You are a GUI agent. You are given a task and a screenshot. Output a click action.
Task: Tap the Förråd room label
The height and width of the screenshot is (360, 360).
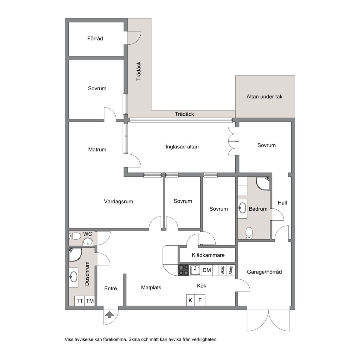pos(95,39)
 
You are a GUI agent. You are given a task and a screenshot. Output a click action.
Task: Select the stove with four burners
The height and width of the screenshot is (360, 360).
pos(183,270)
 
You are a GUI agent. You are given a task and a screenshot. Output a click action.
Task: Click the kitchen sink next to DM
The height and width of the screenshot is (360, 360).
pos(195,270)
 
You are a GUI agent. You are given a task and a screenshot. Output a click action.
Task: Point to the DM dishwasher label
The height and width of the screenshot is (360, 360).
pos(207,270)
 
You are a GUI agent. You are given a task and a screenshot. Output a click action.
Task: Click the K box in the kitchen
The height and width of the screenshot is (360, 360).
pos(190,301)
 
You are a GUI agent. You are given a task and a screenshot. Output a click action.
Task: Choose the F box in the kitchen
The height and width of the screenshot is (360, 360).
pos(200,301)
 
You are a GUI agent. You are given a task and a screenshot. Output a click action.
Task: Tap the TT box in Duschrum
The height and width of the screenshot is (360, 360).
pos(80,301)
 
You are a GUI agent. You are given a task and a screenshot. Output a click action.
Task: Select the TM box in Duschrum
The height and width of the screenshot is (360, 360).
pos(90,301)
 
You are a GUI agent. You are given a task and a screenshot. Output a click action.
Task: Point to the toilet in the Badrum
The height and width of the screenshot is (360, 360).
pos(249,233)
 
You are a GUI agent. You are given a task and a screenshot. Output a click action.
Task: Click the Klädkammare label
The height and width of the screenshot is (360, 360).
pos(208,255)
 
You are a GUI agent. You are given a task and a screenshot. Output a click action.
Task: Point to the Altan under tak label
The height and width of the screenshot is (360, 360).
pos(264,97)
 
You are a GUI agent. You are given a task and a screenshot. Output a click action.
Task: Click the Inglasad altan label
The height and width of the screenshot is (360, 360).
pos(182,147)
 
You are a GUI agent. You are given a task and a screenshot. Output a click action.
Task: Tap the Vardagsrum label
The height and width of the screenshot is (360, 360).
pos(118,202)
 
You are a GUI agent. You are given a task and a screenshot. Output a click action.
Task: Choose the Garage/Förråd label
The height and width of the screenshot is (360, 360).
pos(264,272)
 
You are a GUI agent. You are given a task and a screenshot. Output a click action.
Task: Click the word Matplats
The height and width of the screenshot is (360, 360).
pos(151,287)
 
